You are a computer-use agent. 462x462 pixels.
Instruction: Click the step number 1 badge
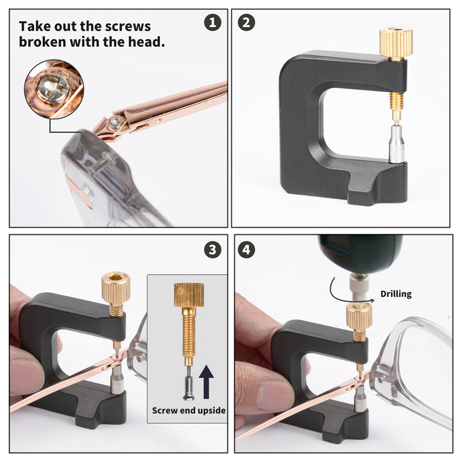212,23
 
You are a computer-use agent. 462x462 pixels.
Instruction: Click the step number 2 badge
246,23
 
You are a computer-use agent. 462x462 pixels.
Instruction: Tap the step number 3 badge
212,249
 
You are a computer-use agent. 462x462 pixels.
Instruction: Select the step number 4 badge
246,249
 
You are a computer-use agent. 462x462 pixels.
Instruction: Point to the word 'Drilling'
396,294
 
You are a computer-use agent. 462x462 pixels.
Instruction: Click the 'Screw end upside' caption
189,410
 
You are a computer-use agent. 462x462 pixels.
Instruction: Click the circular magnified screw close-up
54,89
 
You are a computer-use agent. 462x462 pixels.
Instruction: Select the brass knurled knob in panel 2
395,44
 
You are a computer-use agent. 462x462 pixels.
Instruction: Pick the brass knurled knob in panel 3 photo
116,287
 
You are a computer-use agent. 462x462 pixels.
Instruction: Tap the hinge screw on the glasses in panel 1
116,120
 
